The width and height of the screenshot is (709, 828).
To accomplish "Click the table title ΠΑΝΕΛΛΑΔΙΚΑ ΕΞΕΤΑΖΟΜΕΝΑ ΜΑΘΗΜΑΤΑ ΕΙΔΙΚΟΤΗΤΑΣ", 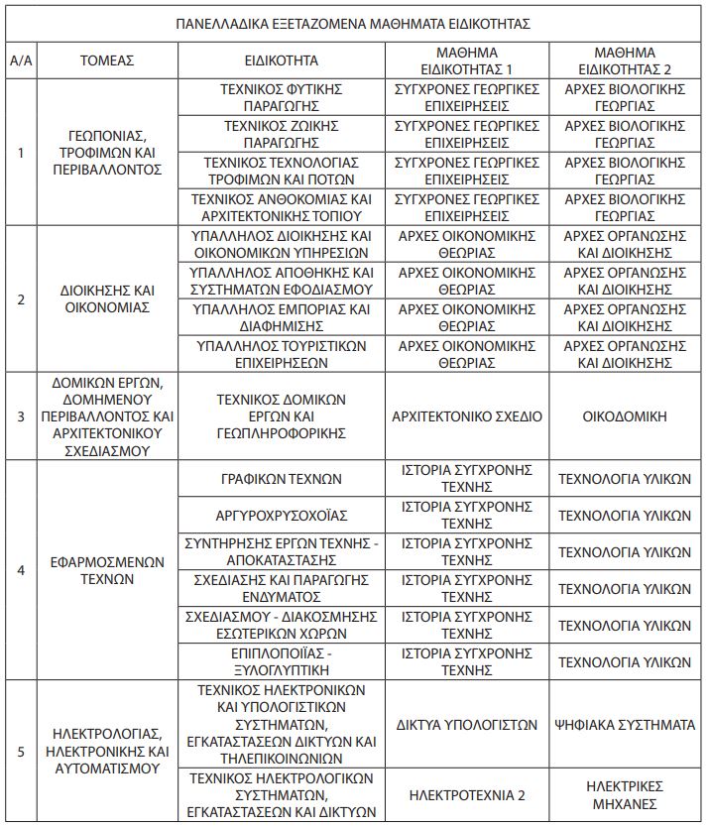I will click(x=354, y=23).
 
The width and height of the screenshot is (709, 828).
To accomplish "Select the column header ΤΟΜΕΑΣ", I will click(x=107, y=60).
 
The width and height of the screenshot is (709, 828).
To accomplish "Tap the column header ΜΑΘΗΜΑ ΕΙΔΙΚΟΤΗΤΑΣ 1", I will click(x=466, y=60).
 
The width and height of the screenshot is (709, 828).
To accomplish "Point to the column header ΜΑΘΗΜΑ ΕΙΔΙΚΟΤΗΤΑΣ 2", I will click(x=625, y=60).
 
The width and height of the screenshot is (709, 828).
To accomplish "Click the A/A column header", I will click(x=21, y=60).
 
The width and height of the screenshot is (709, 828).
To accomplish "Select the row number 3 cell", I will click(x=21, y=416).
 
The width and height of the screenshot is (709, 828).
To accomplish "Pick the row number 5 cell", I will click(x=21, y=751).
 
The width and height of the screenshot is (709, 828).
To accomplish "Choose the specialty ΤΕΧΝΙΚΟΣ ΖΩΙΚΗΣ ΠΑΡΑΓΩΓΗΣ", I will click(x=281, y=134).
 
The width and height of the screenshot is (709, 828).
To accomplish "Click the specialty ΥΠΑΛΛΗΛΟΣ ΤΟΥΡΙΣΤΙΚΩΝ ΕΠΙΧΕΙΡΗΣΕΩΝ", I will click(x=281, y=354).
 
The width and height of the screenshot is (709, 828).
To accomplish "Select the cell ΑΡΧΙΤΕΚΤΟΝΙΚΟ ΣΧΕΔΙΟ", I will click(x=466, y=416).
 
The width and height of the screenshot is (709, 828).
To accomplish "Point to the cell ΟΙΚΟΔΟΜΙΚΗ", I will click(x=625, y=416).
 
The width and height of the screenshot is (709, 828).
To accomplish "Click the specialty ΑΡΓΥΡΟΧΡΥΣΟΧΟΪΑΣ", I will click(x=281, y=516).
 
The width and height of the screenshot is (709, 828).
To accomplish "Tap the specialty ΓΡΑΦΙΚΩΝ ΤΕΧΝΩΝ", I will click(x=281, y=479).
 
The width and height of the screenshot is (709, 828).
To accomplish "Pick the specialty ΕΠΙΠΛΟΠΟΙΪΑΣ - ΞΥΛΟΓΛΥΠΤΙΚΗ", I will click(x=281, y=661).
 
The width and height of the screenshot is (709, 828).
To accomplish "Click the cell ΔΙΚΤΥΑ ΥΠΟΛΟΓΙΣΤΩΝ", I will click(x=466, y=725).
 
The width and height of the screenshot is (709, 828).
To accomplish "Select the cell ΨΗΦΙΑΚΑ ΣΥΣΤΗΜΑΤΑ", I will click(x=625, y=725).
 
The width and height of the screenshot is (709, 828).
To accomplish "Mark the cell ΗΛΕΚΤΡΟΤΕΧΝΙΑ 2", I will click(x=466, y=794).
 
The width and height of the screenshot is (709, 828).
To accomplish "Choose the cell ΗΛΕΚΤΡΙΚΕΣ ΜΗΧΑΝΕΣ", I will click(x=625, y=794).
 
